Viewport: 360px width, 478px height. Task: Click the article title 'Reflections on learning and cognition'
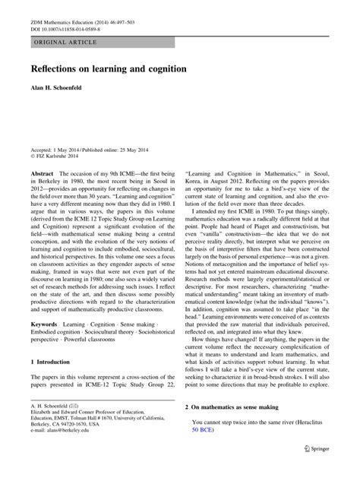point(109,69)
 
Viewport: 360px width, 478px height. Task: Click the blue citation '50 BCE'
point(204,430)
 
